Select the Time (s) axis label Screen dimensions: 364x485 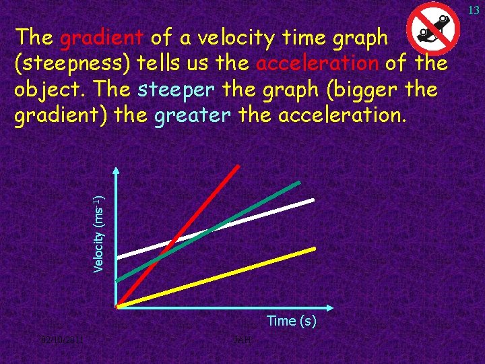click(x=291, y=322)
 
